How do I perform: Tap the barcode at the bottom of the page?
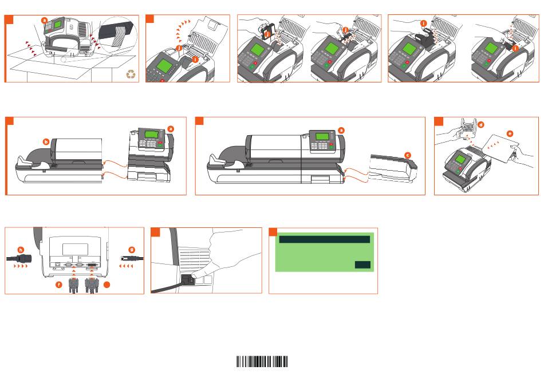263,361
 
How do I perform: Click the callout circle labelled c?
408,155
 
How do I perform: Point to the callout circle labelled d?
480,124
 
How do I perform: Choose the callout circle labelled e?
510,133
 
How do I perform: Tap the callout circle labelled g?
132,249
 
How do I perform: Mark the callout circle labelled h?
21,249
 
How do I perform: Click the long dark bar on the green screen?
324,239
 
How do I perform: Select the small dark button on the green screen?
362,265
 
